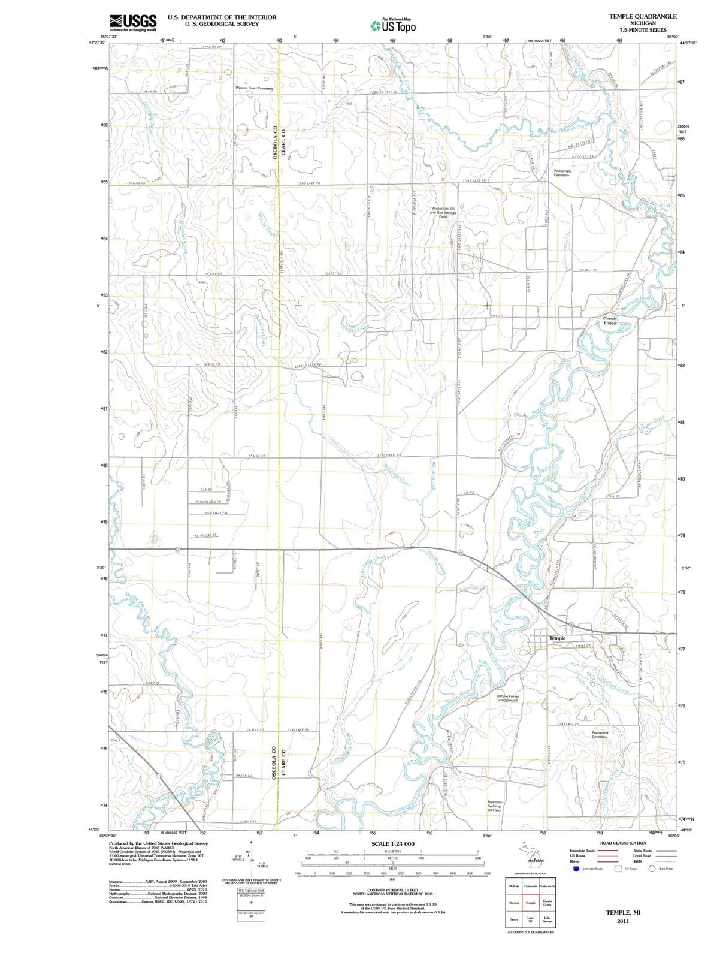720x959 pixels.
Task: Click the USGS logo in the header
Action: point(133,22)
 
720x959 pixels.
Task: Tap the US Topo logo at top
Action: point(393,26)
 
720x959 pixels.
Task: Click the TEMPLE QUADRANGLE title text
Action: point(643,17)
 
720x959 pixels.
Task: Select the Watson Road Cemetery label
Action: point(254,88)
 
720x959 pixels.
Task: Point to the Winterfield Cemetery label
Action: point(561,173)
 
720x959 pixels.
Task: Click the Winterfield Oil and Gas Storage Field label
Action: point(443,212)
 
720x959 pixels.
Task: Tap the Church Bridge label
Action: point(609,321)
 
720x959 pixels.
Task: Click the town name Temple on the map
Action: point(558,638)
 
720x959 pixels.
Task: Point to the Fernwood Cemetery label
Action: point(600,734)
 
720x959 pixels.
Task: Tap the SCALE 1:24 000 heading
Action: point(393,843)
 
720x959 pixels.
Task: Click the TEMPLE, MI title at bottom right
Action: point(623,912)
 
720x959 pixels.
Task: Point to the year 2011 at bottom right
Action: point(623,921)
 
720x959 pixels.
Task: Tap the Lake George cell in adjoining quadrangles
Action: point(547,919)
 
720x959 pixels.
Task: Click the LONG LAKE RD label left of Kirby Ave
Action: point(308,183)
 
